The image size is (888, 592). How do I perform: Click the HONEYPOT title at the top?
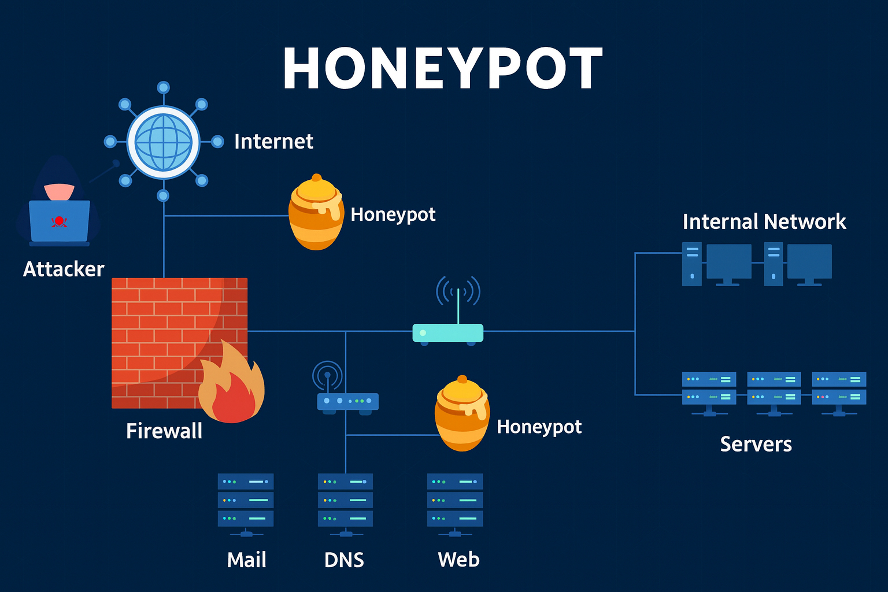[x=443, y=68]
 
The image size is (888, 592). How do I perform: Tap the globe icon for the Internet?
[x=163, y=142]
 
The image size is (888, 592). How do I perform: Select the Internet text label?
[x=273, y=142]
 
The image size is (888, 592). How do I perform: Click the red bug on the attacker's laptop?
[x=59, y=221]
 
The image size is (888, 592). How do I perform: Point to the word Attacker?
[x=64, y=269]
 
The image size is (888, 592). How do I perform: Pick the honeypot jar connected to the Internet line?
[x=316, y=214]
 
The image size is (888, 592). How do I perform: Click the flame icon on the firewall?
[x=231, y=384]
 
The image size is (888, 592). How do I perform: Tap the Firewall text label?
[x=164, y=431]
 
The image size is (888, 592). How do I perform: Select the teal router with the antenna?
[x=447, y=332]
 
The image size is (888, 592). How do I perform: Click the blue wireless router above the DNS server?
[x=347, y=401]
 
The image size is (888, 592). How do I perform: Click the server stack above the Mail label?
[x=246, y=500]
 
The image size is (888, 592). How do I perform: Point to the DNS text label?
[x=344, y=560]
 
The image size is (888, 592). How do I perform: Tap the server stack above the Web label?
[x=455, y=500]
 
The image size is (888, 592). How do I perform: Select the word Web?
[x=458, y=560]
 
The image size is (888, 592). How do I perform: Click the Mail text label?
[x=246, y=560]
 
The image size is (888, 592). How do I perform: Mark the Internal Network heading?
[x=764, y=222]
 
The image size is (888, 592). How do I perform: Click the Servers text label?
[x=756, y=444]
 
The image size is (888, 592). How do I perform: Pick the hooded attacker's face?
[x=60, y=191]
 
